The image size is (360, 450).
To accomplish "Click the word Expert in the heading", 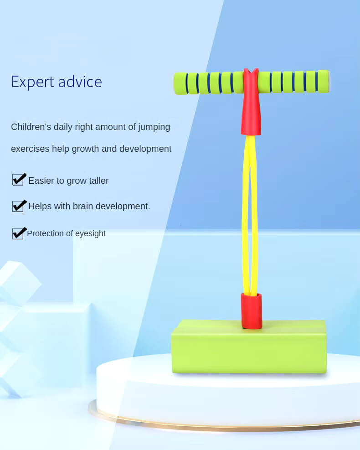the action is [32, 83].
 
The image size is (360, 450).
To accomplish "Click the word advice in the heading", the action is [80, 82].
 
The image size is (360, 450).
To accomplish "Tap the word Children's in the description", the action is [31, 127].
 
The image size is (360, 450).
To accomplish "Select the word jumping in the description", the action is [154, 127].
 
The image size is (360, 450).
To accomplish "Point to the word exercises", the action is [30, 149].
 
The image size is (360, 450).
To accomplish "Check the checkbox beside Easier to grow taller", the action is [19, 179].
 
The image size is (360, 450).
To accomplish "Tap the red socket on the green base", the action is [251, 311].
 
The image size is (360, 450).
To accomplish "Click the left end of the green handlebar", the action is [175, 83].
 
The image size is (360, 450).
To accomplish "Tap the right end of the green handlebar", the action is [328, 82].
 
